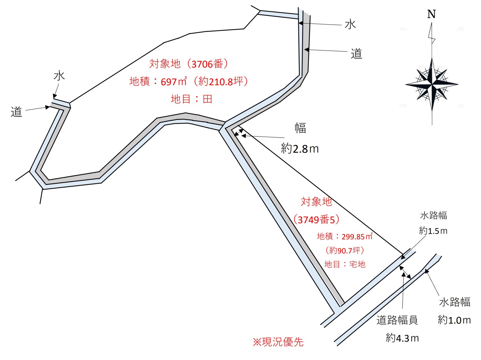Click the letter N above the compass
(x=431, y=14)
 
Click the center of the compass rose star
(x=432, y=85)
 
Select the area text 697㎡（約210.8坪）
(x=205, y=82)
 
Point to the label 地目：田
(x=191, y=99)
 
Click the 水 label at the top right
(x=350, y=24)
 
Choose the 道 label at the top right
(x=356, y=54)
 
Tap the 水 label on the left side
(x=59, y=76)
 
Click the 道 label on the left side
(x=17, y=112)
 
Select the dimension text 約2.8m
(x=300, y=149)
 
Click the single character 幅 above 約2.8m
(x=300, y=128)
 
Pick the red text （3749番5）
(x=316, y=220)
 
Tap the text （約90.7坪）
(x=345, y=250)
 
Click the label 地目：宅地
(x=345, y=264)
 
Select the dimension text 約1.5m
(x=433, y=231)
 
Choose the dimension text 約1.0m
(x=454, y=320)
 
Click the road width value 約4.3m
(x=402, y=338)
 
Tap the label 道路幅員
(x=397, y=320)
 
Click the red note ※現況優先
(x=278, y=342)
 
